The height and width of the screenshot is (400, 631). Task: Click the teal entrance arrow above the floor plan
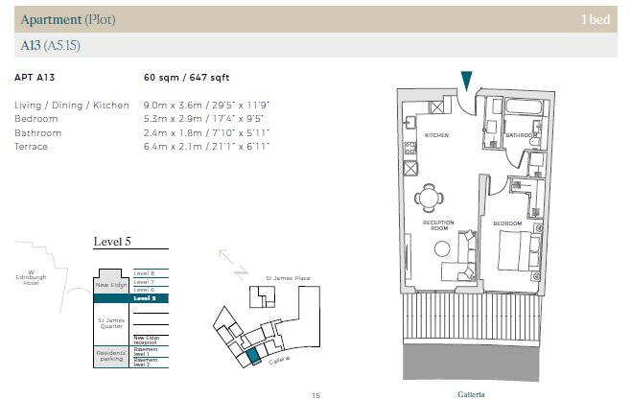click(466, 80)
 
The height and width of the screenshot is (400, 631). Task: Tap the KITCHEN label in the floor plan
click(436, 136)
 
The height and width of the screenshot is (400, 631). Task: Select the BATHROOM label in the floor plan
click(522, 136)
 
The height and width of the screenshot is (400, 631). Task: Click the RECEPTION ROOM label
click(437, 225)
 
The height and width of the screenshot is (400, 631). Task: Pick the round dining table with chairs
click(429, 199)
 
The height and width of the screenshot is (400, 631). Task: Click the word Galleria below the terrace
click(473, 393)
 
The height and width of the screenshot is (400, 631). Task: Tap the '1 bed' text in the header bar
click(595, 19)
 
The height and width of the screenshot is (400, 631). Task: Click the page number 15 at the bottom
click(315, 394)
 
